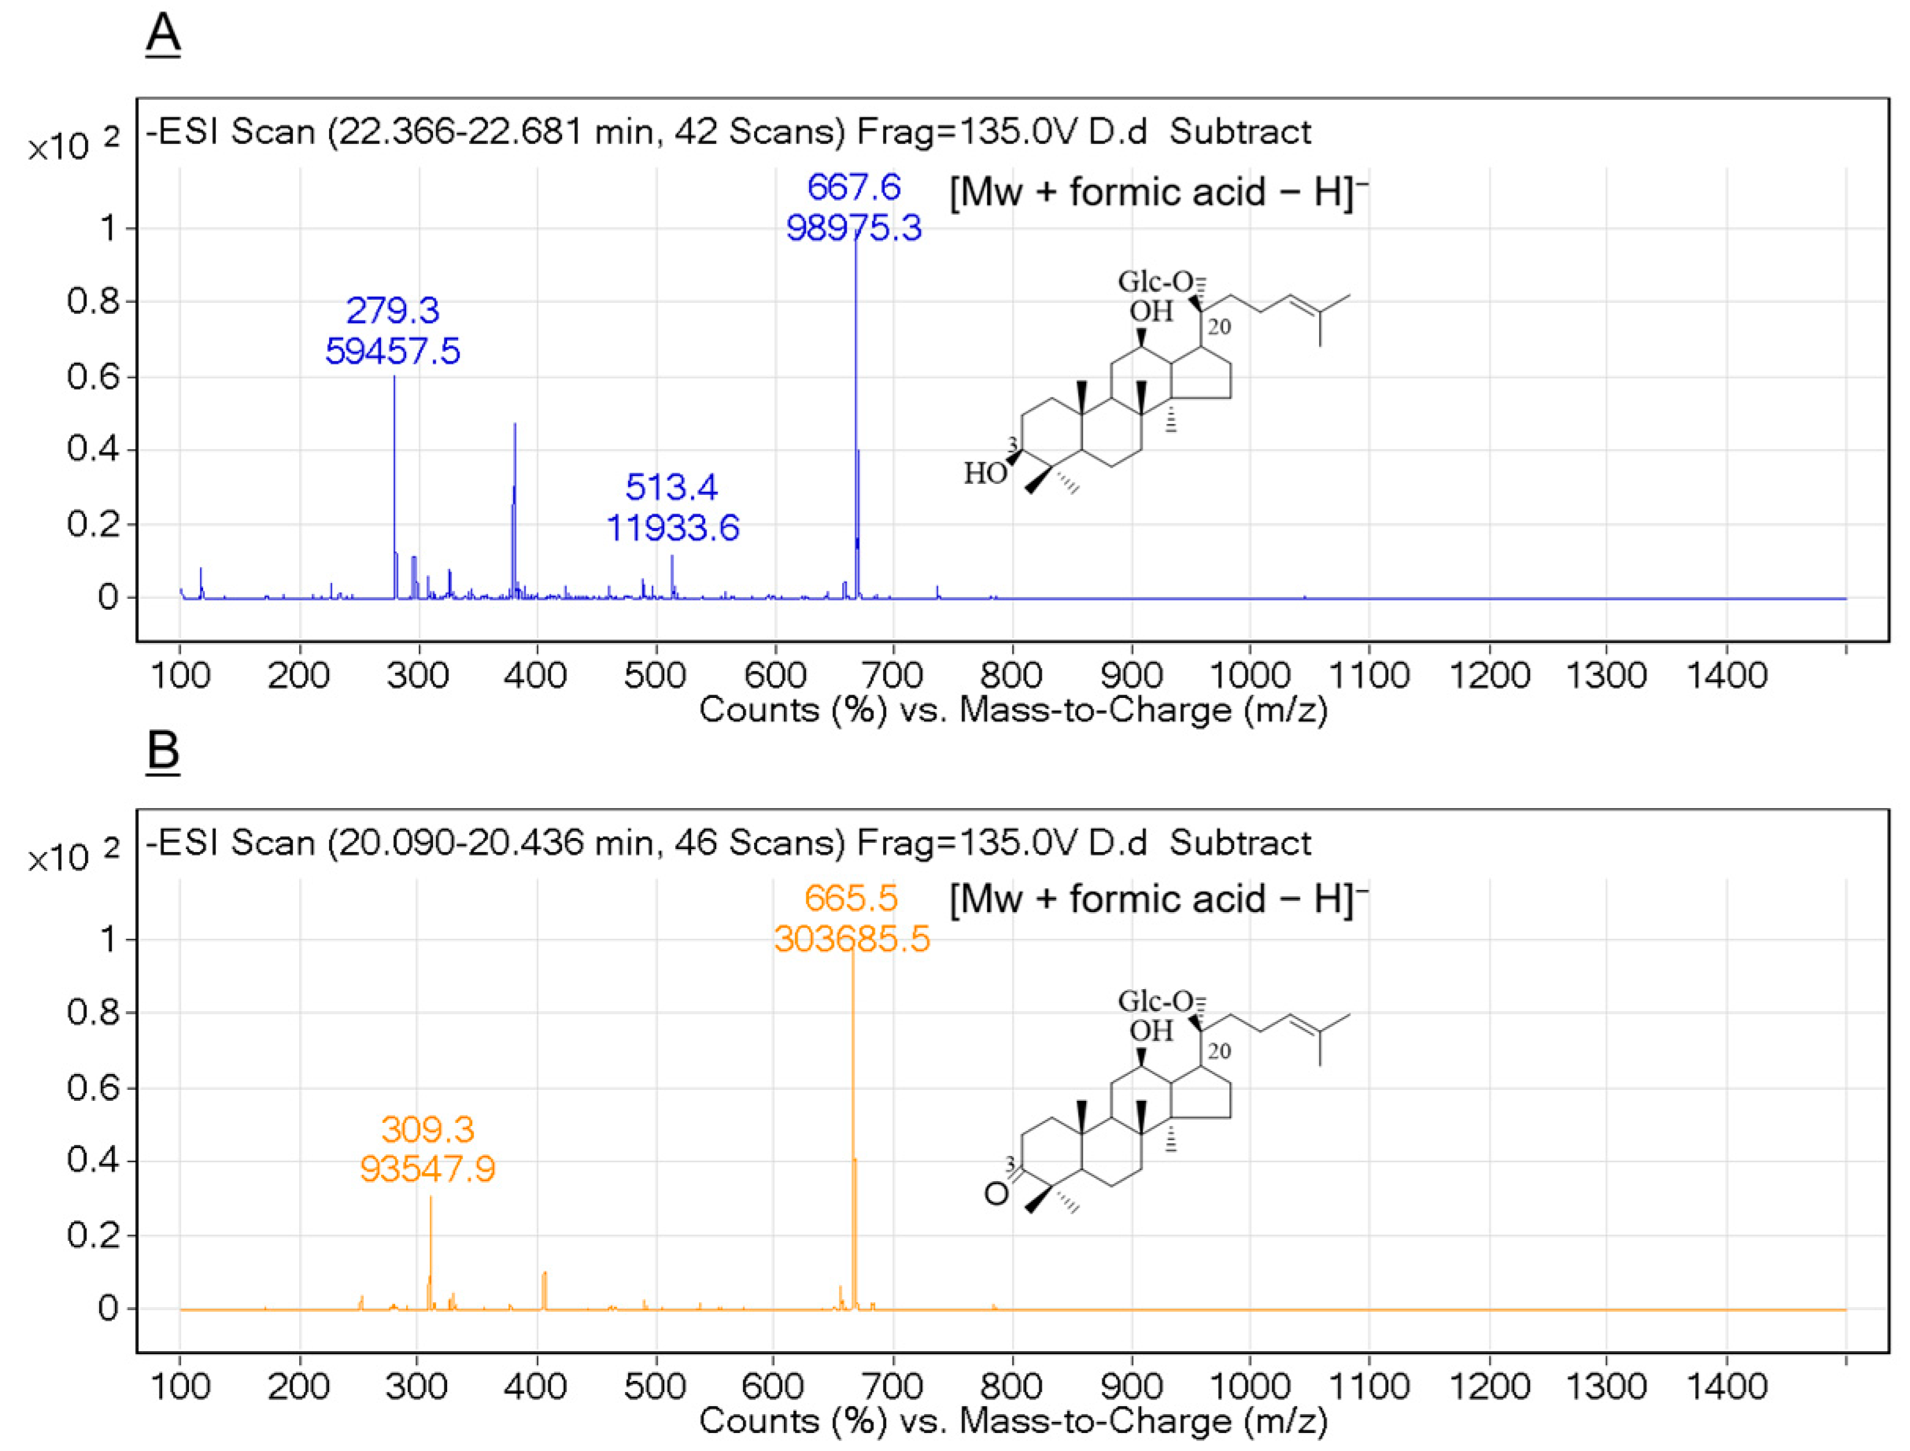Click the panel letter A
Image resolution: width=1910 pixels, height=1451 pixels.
click(162, 35)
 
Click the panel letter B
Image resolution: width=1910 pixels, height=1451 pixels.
click(162, 749)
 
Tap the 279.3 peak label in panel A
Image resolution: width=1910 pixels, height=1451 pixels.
click(392, 310)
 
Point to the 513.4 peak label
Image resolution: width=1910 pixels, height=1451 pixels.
click(671, 487)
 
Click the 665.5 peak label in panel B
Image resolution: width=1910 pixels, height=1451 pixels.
click(851, 899)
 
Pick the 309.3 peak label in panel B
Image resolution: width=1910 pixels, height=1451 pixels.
click(427, 1130)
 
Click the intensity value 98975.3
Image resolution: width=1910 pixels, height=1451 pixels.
click(854, 228)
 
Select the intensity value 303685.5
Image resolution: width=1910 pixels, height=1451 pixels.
click(852, 939)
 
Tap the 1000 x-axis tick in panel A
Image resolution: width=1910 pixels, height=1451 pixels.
click(1249, 674)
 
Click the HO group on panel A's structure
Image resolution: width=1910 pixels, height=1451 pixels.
click(985, 473)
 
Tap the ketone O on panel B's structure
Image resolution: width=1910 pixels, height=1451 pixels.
click(996, 1194)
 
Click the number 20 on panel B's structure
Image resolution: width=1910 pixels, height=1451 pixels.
click(1219, 1051)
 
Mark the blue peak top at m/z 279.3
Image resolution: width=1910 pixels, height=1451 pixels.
click(394, 377)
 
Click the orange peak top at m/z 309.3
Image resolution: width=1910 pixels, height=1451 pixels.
click(430, 1196)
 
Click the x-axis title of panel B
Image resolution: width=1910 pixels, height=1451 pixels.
click(1012, 1421)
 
